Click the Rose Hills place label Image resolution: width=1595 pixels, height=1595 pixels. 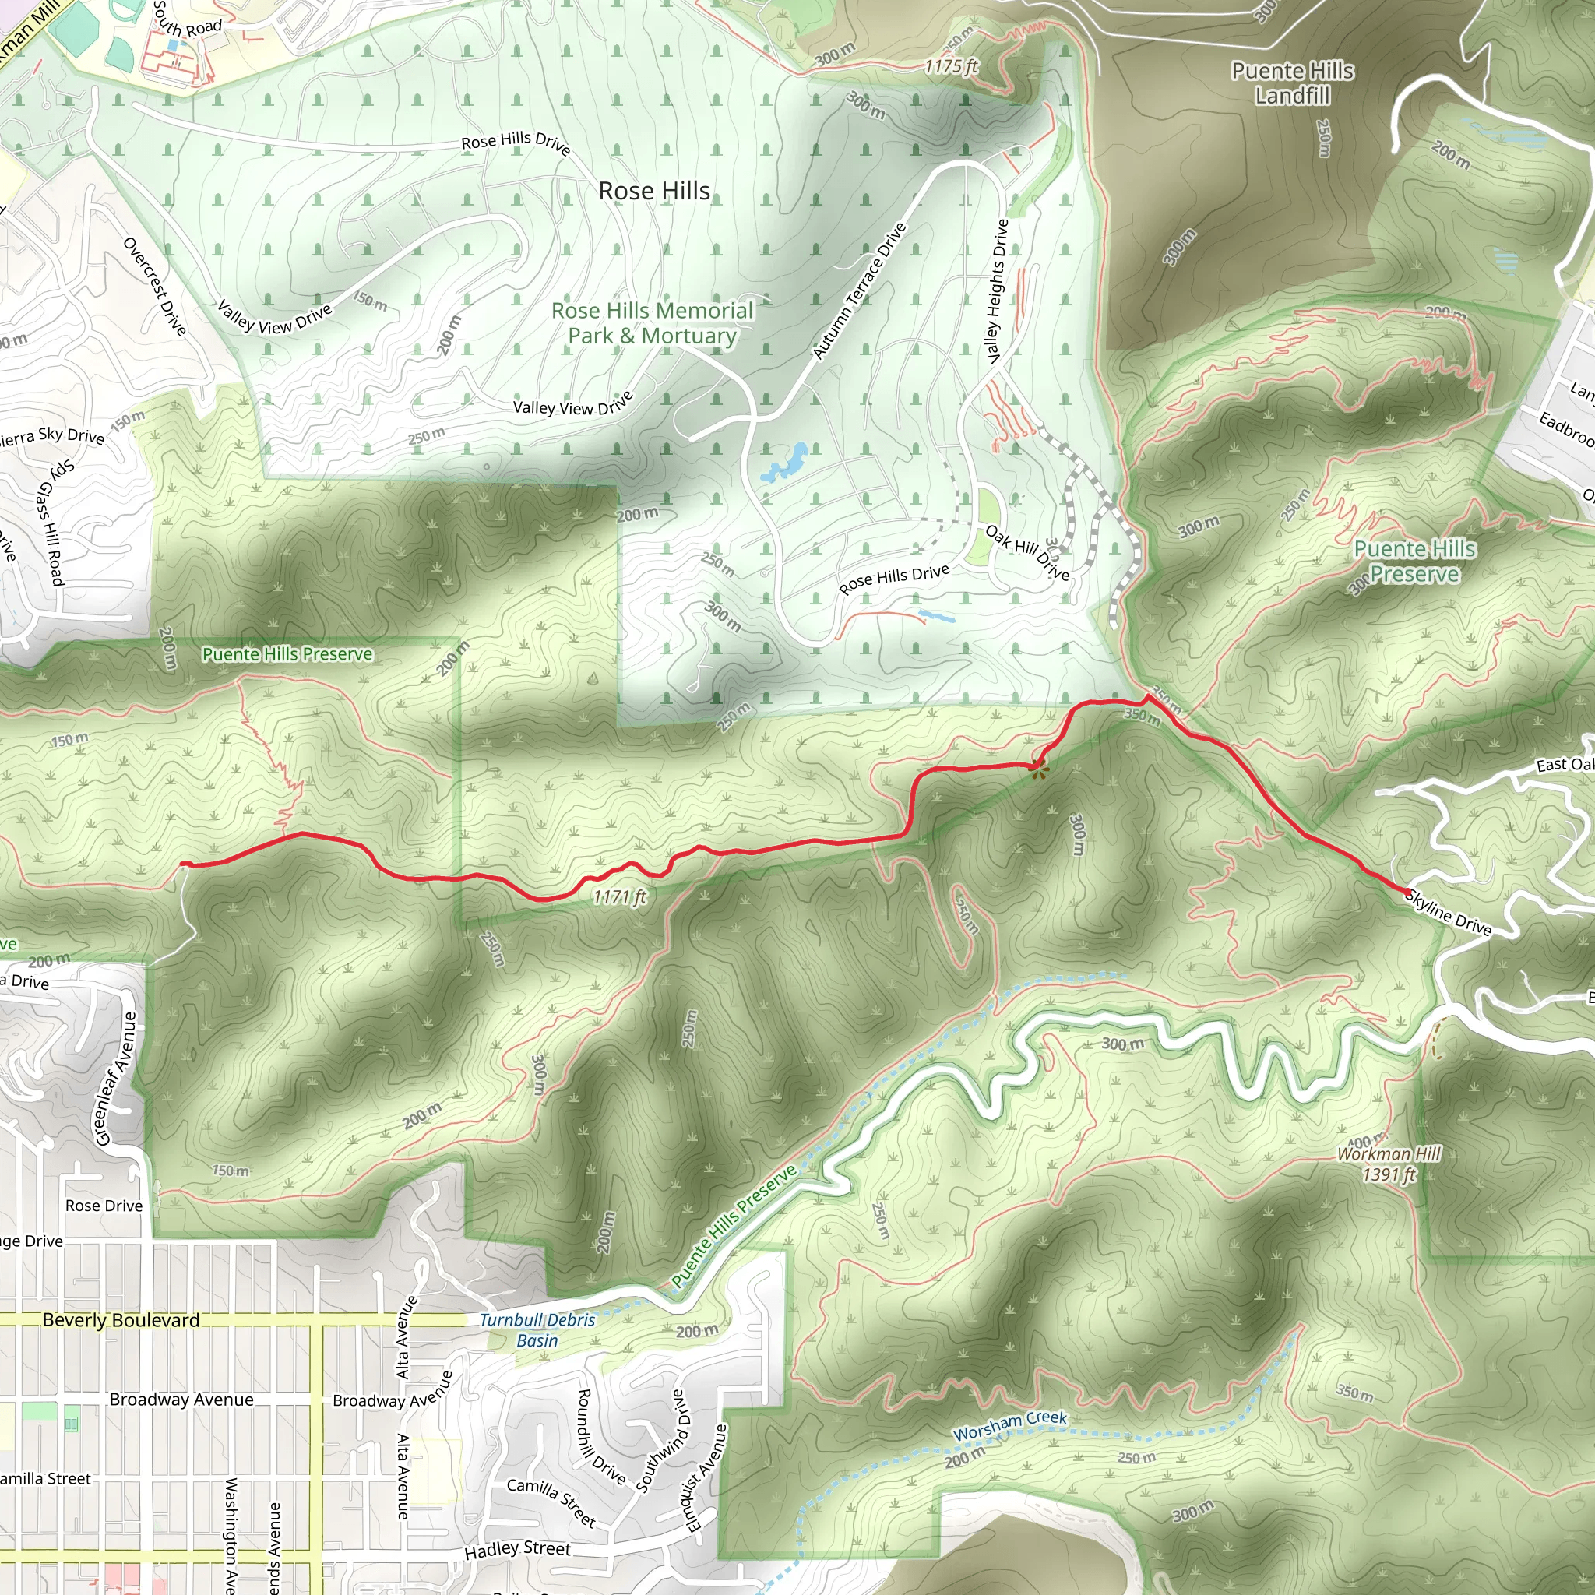[654, 191]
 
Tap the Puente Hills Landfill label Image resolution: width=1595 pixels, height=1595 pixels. [1292, 83]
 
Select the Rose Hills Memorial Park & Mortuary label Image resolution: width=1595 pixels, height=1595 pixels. [652, 322]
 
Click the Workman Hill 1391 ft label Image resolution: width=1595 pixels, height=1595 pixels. [1389, 1164]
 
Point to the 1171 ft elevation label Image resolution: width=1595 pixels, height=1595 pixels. [620, 896]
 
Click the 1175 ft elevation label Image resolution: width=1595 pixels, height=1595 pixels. [951, 66]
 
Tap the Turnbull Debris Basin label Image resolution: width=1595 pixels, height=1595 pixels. [537, 1330]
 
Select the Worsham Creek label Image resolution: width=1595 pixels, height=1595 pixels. [1009, 1425]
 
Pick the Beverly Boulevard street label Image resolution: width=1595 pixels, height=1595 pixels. [121, 1320]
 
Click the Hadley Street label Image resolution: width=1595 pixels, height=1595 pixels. [518, 1550]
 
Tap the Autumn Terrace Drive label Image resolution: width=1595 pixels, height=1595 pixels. [860, 290]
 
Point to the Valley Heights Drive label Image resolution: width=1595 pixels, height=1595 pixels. [998, 290]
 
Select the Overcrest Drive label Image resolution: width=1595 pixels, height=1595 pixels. [155, 286]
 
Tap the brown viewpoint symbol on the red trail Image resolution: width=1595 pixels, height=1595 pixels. [1039, 770]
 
